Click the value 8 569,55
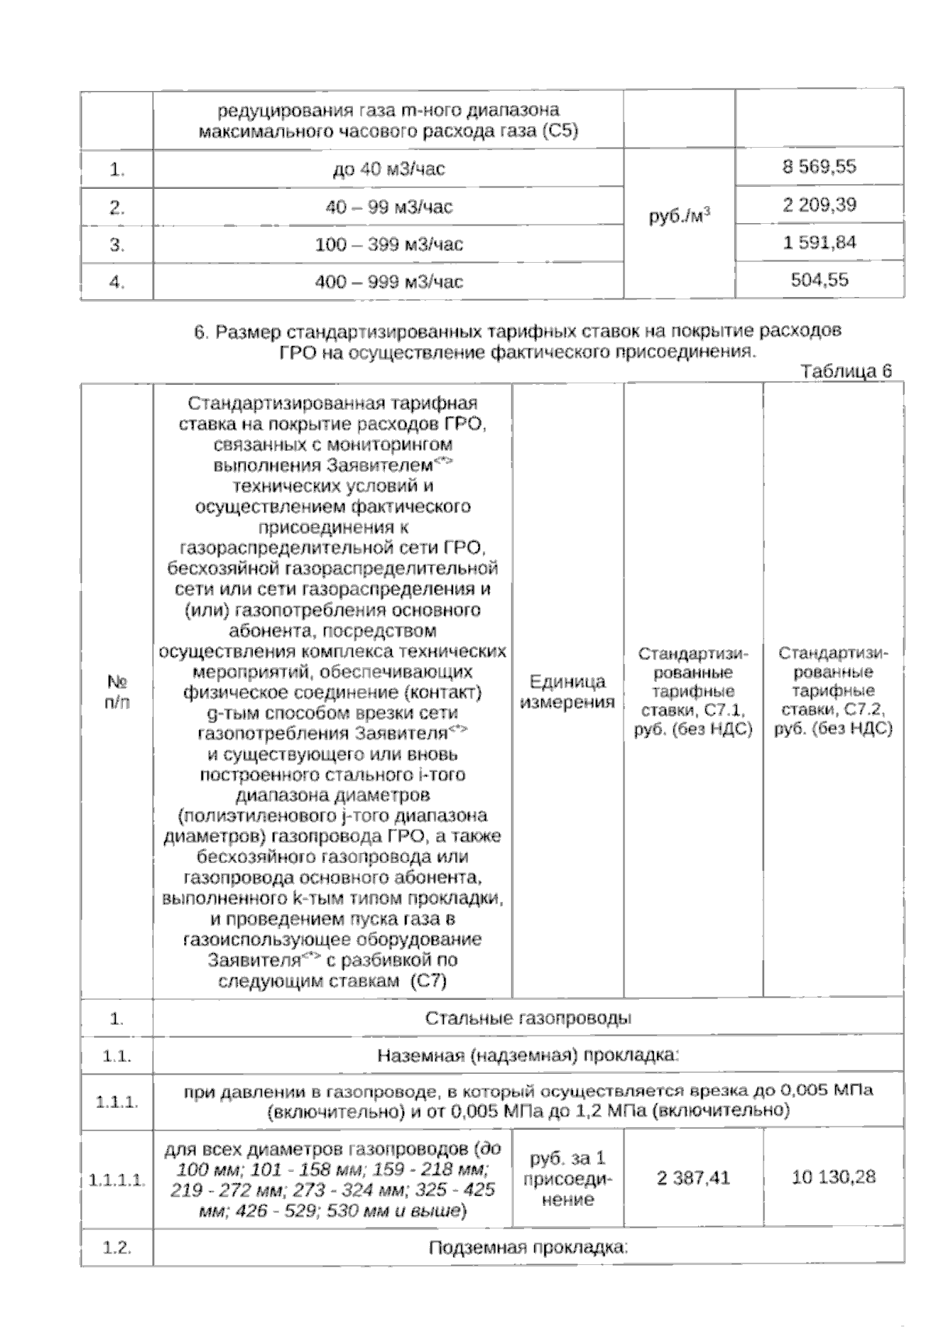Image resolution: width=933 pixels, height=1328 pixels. click(819, 167)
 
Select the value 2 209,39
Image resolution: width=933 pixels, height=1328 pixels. click(819, 205)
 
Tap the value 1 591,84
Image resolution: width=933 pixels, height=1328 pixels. click(819, 243)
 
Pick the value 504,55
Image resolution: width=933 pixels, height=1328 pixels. click(819, 280)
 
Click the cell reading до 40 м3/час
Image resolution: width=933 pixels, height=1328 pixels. click(388, 169)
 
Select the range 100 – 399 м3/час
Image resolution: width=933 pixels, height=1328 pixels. click(388, 244)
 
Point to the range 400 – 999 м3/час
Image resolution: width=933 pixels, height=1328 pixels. click(388, 281)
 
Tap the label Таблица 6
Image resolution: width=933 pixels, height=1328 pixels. click(846, 371)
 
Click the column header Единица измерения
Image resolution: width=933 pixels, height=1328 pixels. click(568, 692)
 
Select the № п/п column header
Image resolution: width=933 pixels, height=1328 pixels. click(117, 692)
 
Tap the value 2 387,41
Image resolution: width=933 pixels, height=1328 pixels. click(693, 1178)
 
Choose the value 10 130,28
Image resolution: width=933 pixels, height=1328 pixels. click(833, 1178)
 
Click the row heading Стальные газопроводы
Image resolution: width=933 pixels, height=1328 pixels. click(528, 1018)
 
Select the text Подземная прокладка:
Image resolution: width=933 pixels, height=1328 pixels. click(528, 1248)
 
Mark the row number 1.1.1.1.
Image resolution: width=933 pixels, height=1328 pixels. click(117, 1180)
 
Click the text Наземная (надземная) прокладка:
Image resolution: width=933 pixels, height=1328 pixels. click(528, 1056)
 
